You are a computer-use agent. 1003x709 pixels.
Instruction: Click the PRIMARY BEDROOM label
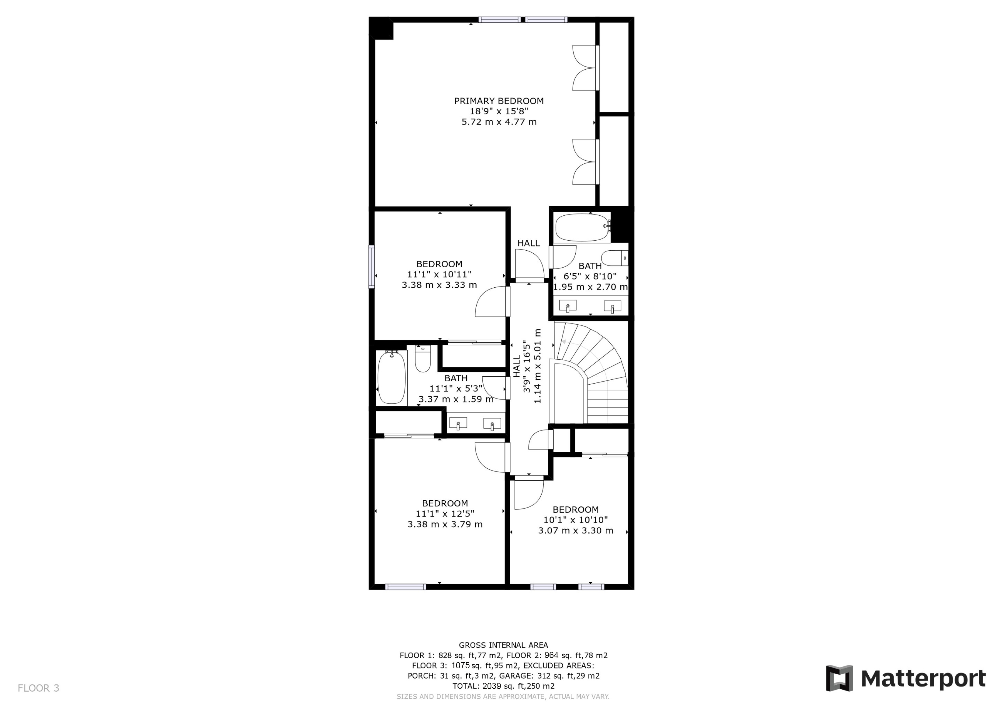499,101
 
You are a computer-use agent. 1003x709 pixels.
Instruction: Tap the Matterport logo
905,678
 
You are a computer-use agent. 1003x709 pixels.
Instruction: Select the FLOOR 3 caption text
38,688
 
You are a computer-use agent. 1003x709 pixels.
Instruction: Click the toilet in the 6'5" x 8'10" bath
615,258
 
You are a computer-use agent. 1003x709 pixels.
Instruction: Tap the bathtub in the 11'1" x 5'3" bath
391,378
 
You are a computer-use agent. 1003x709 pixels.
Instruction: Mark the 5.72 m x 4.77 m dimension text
499,122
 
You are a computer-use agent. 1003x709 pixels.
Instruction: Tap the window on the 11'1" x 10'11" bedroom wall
372,266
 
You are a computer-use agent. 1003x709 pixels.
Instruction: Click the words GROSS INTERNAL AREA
503,645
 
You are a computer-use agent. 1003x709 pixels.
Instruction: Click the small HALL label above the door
529,243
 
